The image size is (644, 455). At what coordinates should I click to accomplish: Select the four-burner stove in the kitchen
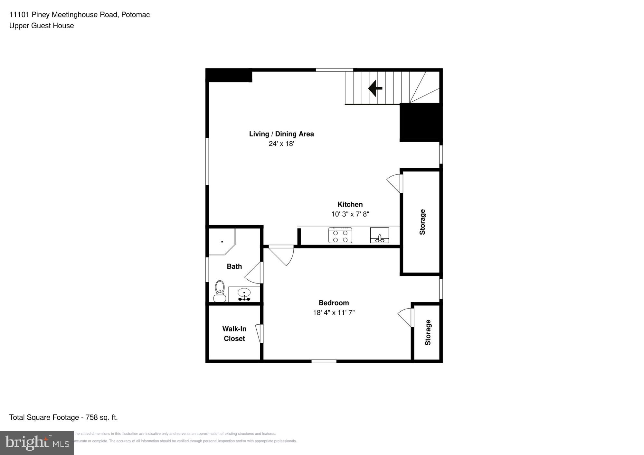pyautogui.click(x=340, y=235)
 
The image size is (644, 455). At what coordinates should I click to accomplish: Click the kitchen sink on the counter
pyautogui.click(x=380, y=235)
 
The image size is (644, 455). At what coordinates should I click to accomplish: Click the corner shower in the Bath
pyautogui.click(x=222, y=242)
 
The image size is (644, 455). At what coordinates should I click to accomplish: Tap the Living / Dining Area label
pyautogui.click(x=281, y=134)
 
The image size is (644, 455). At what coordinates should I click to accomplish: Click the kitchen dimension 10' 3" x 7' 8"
pyautogui.click(x=350, y=214)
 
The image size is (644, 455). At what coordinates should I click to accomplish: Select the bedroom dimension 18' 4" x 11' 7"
pyautogui.click(x=334, y=312)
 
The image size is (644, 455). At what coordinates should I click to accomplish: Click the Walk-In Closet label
pyautogui.click(x=234, y=333)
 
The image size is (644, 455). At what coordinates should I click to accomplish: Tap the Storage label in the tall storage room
pyautogui.click(x=422, y=222)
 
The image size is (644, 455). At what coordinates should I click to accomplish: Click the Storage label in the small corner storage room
pyautogui.click(x=428, y=332)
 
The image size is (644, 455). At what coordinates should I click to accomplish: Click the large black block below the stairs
pyautogui.click(x=420, y=122)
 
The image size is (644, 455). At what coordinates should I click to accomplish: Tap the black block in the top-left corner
pyautogui.click(x=229, y=76)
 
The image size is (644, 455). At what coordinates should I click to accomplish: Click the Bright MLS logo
pyautogui.click(x=37, y=443)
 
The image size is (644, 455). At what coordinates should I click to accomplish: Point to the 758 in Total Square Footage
pyautogui.click(x=91, y=417)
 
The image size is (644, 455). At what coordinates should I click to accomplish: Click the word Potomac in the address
pyautogui.click(x=135, y=15)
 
